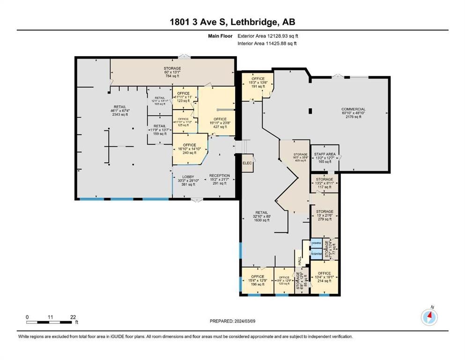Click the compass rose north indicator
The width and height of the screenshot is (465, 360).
coord(429,317)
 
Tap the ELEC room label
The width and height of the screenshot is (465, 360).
coord(247,163)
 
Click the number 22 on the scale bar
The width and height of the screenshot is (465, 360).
coord(73,316)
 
